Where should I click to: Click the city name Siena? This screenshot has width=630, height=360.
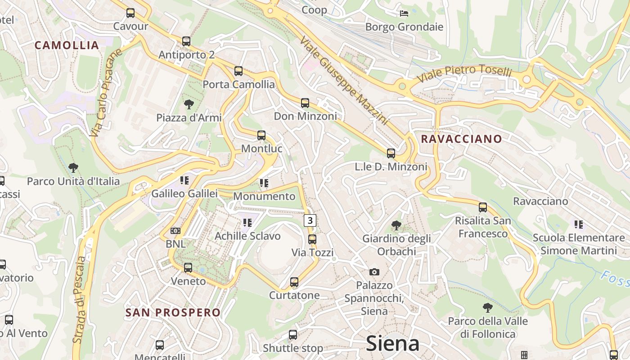pyautogui.click(x=392, y=343)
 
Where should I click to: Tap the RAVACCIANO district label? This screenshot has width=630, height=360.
pyautogui.click(x=461, y=139)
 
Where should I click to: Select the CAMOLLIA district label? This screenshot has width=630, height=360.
pyautogui.click(x=67, y=45)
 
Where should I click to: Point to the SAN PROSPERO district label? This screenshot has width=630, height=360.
pyautogui.click(x=173, y=312)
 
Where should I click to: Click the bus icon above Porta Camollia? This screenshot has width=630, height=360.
pyautogui.click(x=238, y=71)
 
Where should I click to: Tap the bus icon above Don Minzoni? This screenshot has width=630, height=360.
pyautogui.click(x=305, y=103)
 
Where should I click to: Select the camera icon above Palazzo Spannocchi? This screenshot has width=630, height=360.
pyautogui.click(x=374, y=272)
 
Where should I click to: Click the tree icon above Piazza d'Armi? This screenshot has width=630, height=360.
pyautogui.click(x=189, y=104)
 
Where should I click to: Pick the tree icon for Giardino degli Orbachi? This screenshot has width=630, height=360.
pyautogui.click(x=396, y=225)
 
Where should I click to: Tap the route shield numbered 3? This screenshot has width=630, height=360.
pyautogui.click(x=310, y=220)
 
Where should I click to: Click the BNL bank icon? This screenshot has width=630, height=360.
pyautogui.click(x=175, y=231)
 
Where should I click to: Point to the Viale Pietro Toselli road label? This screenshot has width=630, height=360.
pyautogui.click(x=464, y=74)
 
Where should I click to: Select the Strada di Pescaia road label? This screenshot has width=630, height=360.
pyautogui.click(x=80, y=300)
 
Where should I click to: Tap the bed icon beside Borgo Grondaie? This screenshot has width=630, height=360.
pyautogui.click(x=404, y=13)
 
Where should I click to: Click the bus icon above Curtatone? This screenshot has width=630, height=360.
pyautogui.click(x=294, y=282)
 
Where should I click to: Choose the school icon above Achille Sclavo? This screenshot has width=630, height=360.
pyautogui.click(x=247, y=223)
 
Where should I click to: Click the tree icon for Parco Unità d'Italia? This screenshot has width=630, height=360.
pyautogui.click(x=73, y=168)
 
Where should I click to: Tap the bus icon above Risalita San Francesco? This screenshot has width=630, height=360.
pyautogui.click(x=483, y=207)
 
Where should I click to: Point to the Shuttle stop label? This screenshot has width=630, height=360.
pyautogui.click(x=293, y=348)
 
